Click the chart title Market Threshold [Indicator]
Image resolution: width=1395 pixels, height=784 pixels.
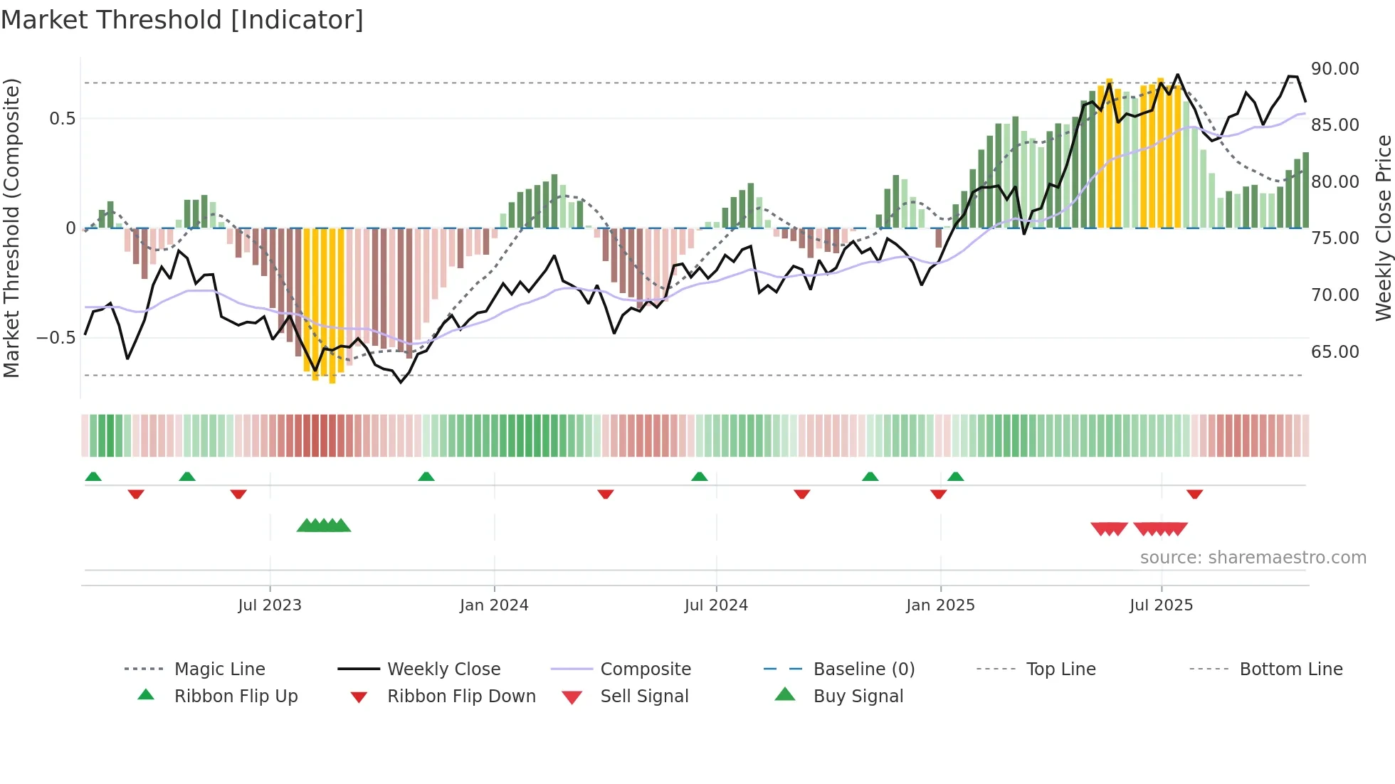[182, 20]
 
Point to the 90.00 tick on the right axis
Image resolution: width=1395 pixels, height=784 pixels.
[1335, 69]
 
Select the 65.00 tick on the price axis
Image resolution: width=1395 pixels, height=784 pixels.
[1335, 352]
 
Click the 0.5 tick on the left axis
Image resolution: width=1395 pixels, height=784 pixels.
[62, 119]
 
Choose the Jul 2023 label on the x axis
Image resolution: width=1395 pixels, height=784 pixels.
[270, 605]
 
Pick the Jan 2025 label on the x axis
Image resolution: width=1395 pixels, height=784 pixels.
[940, 605]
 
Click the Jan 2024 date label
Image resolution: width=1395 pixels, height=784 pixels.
[494, 605]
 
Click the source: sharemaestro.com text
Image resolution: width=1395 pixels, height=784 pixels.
[1253, 558]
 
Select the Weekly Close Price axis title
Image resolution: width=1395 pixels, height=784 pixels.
[1383, 228]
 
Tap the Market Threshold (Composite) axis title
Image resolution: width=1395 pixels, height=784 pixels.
[11, 228]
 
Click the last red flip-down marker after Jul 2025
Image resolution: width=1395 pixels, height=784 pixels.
[1194, 494]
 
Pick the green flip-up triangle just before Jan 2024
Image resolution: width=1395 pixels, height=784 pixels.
[426, 477]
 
